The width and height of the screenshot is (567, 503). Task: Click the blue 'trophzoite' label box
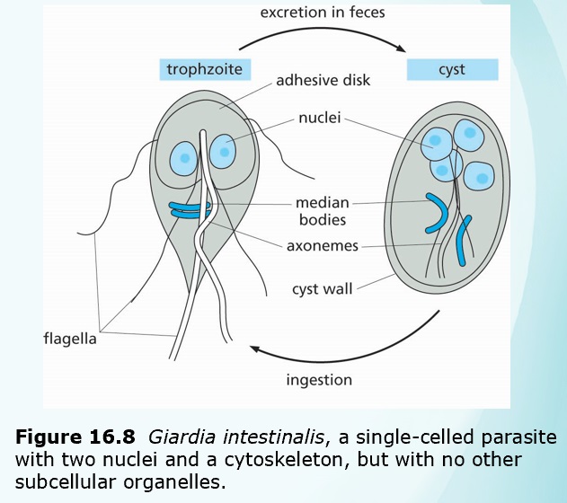pos(205,69)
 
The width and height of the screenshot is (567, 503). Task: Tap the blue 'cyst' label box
pos(452,69)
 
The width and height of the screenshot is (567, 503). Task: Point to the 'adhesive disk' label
pos(323,80)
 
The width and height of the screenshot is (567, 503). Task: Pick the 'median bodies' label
pos(323,210)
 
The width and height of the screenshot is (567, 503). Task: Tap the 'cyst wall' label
pos(322,289)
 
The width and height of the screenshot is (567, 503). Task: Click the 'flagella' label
pos(70,339)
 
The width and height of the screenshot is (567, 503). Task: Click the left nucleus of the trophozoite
pos(185,158)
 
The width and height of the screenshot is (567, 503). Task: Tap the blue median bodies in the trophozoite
pos(190,209)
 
